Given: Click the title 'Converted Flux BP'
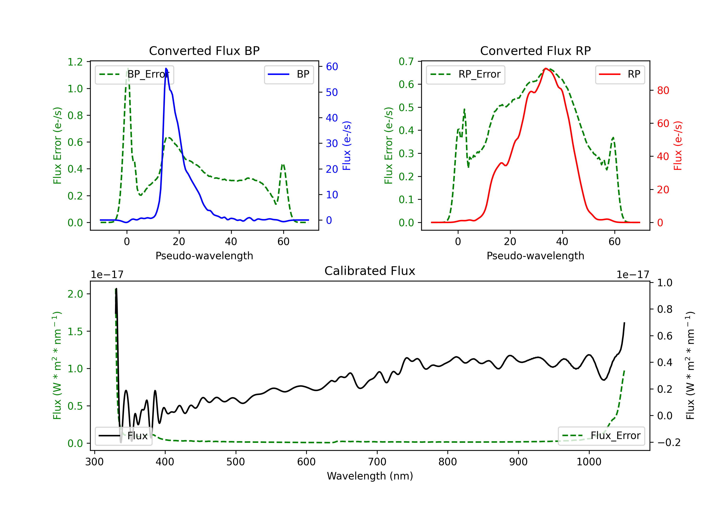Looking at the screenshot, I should [204, 51].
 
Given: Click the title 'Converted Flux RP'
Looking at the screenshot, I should [535, 51].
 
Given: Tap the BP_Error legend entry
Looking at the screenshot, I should [135, 74].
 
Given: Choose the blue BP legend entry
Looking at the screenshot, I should [289, 74].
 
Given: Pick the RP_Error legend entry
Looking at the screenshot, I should [465, 74].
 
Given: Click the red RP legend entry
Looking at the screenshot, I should [620, 74].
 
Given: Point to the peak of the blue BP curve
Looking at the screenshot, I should [166, 68].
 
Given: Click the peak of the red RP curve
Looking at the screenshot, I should [546, 68].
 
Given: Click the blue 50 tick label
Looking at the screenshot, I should [332, 92].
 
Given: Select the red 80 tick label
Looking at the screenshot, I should [663, 90].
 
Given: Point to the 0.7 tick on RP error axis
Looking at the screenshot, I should [406, 61].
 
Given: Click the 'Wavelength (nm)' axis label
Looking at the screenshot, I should [370, 476].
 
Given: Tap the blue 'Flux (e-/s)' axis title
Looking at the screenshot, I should [347, 146].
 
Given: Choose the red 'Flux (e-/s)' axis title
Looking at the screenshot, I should [678, 146].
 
